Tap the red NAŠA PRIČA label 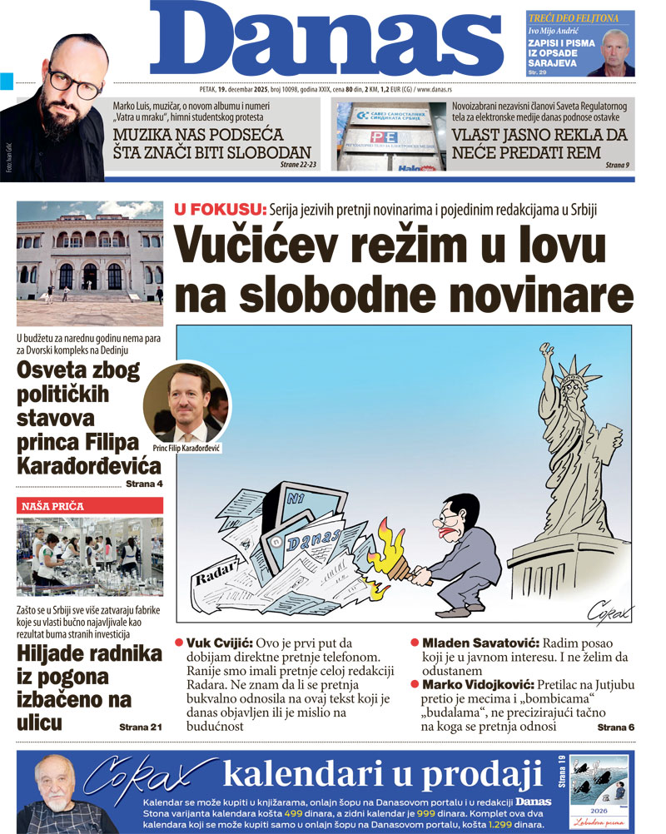click(52, 505)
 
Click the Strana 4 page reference click(143, 484)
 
